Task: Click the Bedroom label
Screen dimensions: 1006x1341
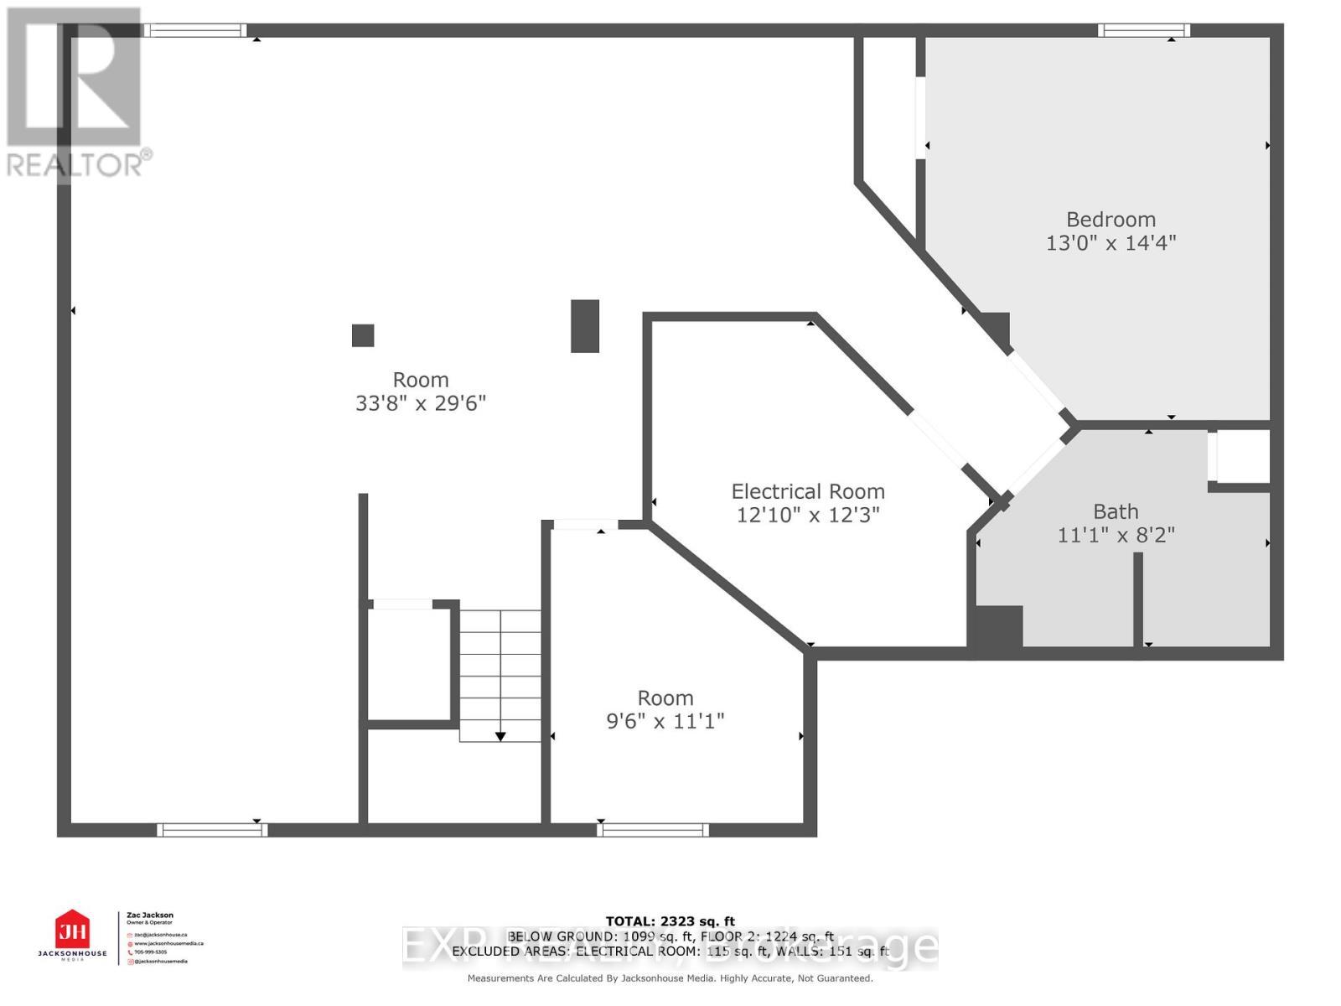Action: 1111,220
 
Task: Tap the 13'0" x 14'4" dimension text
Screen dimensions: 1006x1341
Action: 1111,243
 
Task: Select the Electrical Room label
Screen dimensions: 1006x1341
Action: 807,491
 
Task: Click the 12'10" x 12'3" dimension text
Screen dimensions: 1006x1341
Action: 807,515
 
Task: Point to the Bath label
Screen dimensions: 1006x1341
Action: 1116,511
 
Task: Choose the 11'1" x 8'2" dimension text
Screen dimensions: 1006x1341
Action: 1116,535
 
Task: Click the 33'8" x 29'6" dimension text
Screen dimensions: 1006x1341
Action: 421,403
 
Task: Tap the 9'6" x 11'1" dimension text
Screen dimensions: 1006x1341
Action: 665,721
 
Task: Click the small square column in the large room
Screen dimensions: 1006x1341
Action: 362,335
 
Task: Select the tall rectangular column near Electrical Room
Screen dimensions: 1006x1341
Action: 585,326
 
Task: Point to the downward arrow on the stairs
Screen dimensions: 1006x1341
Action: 500,736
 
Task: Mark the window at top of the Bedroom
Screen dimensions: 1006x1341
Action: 1144,31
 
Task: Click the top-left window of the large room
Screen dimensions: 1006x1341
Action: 194,31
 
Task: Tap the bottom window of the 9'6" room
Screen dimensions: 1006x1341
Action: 653,830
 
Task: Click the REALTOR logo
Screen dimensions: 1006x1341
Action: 75,92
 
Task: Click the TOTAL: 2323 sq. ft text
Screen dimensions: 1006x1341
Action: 670,921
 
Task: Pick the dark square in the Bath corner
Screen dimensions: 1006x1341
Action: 995,626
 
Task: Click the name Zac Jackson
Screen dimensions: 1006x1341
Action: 149,915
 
